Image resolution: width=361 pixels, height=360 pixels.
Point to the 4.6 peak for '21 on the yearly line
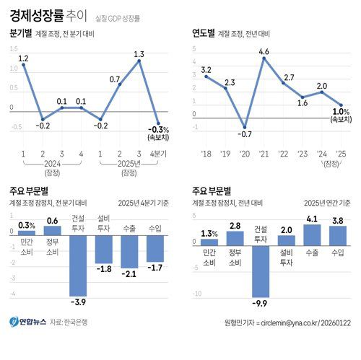tap(264, 58)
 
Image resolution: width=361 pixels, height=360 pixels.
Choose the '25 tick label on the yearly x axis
tap(341, 154)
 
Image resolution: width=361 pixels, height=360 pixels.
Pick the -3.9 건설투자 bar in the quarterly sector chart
tap(78, 263)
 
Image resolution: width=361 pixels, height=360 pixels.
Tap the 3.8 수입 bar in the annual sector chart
tap(337, 235)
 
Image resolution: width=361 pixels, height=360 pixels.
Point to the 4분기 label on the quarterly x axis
tap(157, 154)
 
